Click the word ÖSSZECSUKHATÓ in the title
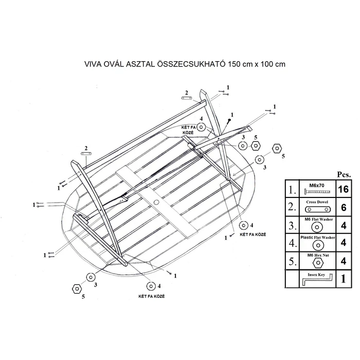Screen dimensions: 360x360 (191, 64)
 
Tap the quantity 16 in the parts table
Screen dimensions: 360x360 (344, 189)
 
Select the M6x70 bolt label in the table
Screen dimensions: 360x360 (317, 185)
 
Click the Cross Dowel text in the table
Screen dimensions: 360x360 (317, 202)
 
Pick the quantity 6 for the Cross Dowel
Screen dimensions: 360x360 (344, 208)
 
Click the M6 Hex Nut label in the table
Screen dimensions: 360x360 (318, 255)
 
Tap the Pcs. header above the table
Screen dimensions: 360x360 (344, 174)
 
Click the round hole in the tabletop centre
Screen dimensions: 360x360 (156, 203)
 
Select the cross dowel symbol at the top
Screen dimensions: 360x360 (187, 98)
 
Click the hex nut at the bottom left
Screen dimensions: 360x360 (77, 289)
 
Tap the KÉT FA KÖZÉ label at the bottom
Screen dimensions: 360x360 (152, 296)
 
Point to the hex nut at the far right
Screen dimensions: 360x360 (277, 148)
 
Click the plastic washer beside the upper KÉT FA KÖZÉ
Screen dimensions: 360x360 (202, 127)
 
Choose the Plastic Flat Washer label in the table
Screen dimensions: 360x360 (318, 238)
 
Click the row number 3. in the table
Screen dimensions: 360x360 (293, 225)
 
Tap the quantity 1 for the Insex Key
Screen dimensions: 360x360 (344, 279)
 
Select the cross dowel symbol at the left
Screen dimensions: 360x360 (86, 153)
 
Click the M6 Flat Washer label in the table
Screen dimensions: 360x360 (318, 219)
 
